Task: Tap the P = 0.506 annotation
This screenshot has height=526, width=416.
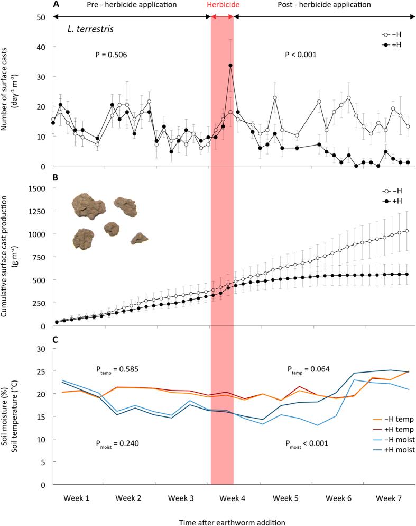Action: [x=109, y=54]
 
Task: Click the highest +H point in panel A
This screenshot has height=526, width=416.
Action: [x=230, y=66]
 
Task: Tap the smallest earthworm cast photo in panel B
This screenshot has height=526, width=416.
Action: [x=139, y=238]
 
